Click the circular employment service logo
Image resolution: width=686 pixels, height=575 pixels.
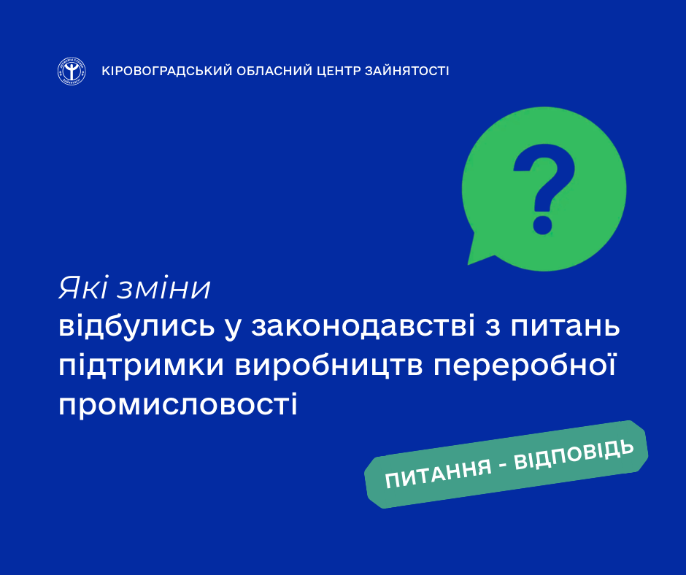point(72,71)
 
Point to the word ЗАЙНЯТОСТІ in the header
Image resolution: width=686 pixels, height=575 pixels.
point(407,71)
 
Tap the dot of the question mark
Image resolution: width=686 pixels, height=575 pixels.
point(542,225)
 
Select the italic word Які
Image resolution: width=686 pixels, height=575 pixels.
point(83,288)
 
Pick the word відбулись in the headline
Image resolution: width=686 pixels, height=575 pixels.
point(136,326)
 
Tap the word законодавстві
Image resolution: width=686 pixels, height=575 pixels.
point(363,326)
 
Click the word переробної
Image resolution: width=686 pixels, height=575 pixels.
point(525,366)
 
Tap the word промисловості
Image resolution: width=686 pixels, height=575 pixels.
point(178,404)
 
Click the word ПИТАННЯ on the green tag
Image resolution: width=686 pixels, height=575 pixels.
point(439,474)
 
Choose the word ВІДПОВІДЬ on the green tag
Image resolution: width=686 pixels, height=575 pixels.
point(574,456)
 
